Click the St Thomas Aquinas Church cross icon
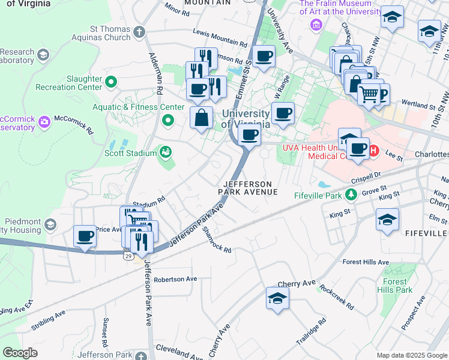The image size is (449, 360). coord(139,32)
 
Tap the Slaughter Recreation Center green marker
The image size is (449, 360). coord(110,81)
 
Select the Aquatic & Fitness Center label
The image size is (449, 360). coord(138,107)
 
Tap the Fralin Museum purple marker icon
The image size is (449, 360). coord(315,25)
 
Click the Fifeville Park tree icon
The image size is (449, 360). coord(351,195)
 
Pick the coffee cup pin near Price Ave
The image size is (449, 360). coord(85,236)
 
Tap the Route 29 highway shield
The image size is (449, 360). coord(128,256)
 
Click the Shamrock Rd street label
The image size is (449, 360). coord(217,239)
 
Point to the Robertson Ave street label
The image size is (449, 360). coord(175,279)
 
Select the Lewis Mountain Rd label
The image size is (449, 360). coord(220,38)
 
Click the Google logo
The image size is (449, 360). coord(20,353)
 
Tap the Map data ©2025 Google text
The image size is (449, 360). coord(412,355)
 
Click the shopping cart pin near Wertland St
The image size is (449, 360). coord(369,94)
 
